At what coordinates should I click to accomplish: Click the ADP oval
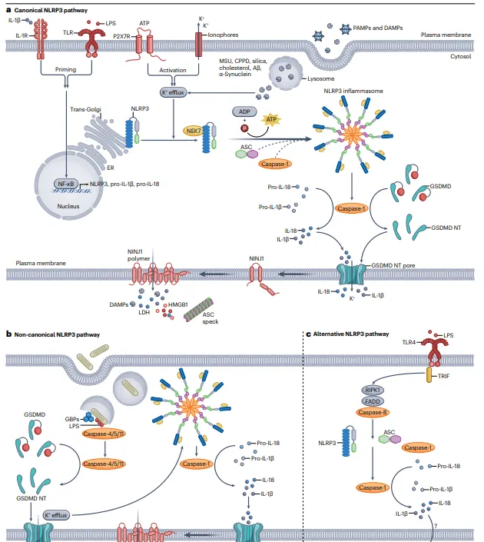coord(242,111)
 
